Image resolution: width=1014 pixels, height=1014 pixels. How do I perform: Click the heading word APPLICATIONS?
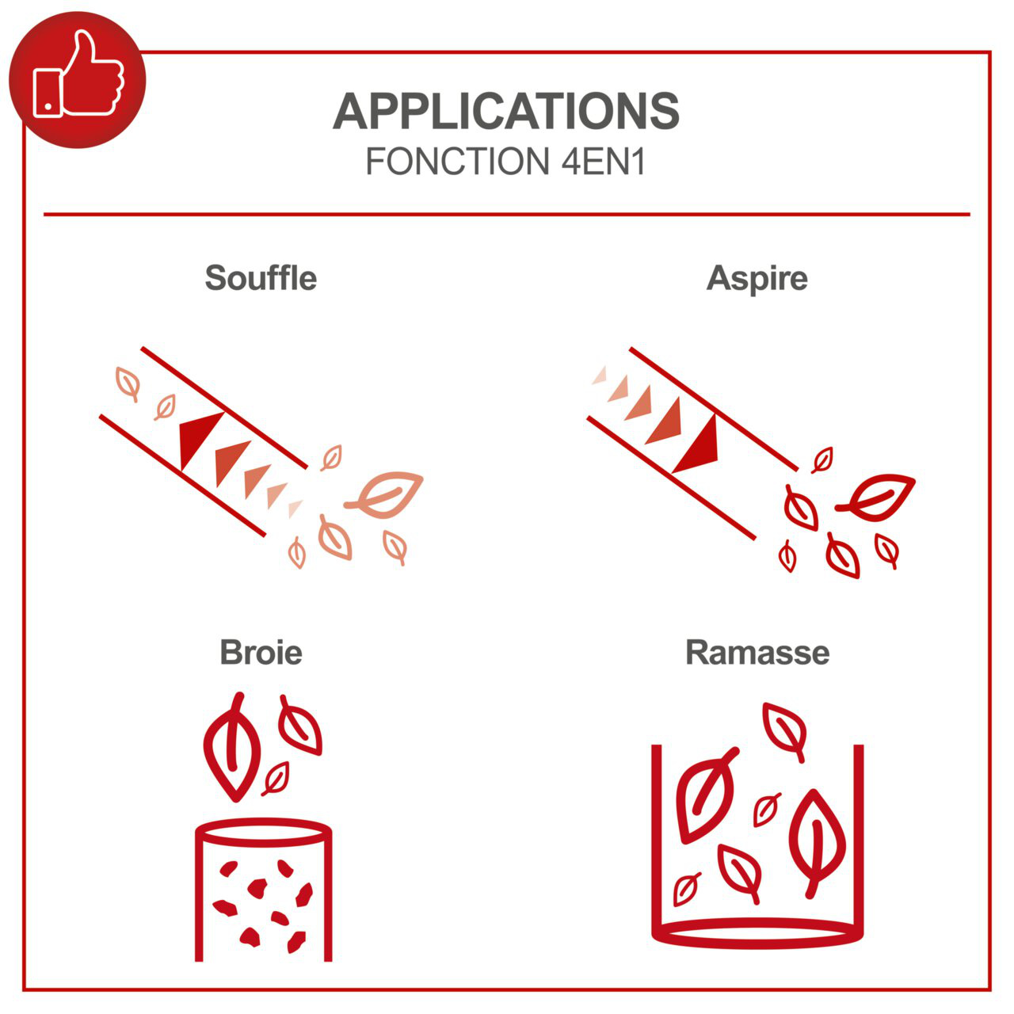(506, 111)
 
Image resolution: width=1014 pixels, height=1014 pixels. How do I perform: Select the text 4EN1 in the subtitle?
(603, 162)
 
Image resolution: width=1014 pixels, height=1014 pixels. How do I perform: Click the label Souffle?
(261, 278)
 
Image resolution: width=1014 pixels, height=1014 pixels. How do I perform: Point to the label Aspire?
(757, 279)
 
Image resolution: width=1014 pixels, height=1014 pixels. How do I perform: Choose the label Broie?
(261, 653)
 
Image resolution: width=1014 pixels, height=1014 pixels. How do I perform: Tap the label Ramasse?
(757, 653)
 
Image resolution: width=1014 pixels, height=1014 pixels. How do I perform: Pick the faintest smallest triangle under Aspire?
(600, 375)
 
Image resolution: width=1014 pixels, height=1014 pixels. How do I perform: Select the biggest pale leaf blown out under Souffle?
(384, 494)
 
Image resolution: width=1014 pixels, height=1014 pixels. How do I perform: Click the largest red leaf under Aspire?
(875, 496)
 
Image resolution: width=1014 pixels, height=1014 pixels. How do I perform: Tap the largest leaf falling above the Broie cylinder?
(232, 746)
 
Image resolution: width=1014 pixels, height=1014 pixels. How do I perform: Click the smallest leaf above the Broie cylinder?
(276, 779)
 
